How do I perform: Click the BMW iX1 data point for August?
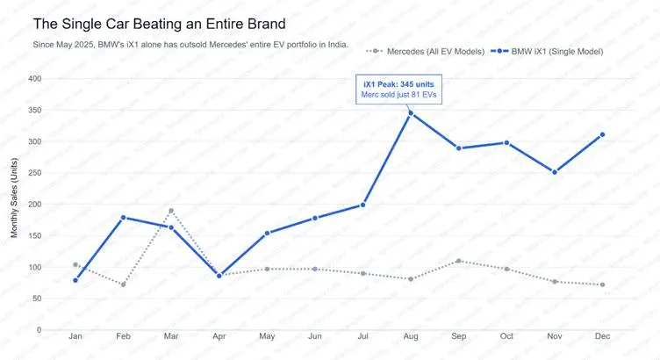tap(411, 112)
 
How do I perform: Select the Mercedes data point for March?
tap(171, 211)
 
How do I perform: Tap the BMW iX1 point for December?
tap(602, 134)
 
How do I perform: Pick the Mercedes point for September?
tap(459, 261)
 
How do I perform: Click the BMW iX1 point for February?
tap(124, 217)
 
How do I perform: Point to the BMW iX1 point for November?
tap(555, 172)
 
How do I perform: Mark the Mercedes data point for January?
tap(75, 264)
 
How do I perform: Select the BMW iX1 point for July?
tap(362, 205)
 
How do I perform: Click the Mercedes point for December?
tap(602, 284)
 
